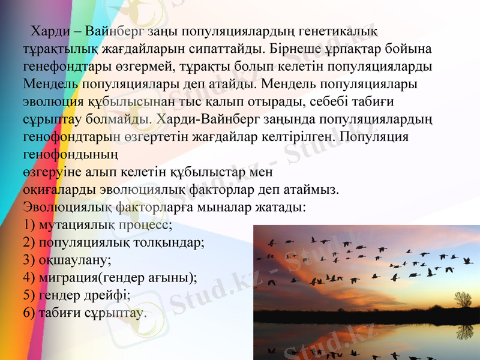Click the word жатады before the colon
tap(281, 208)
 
